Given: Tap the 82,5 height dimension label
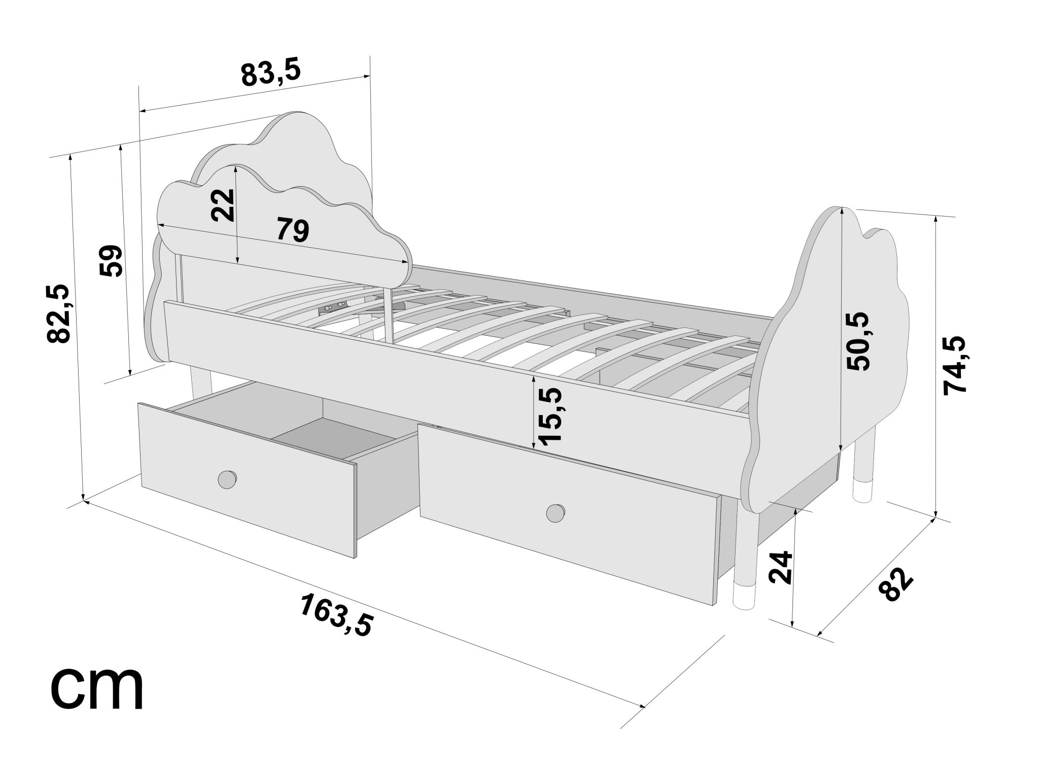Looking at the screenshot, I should coord(58,314).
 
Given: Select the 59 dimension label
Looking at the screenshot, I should coord(111,261).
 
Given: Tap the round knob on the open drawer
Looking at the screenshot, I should coord(227,479).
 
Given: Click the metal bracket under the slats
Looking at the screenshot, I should coord(332,307).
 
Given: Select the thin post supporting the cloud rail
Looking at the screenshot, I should coord(389,315).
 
